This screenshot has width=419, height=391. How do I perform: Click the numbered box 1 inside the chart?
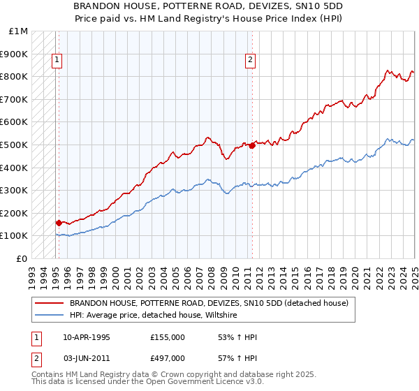(56, 60)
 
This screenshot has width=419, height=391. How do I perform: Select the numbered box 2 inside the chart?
(250, 60)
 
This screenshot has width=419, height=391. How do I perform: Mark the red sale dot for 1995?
(59, 223)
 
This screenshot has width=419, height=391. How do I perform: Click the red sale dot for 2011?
(252, 145)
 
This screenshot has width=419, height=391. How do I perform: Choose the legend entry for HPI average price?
(153, 315)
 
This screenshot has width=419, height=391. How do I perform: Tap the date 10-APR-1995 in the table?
(87, 337)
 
